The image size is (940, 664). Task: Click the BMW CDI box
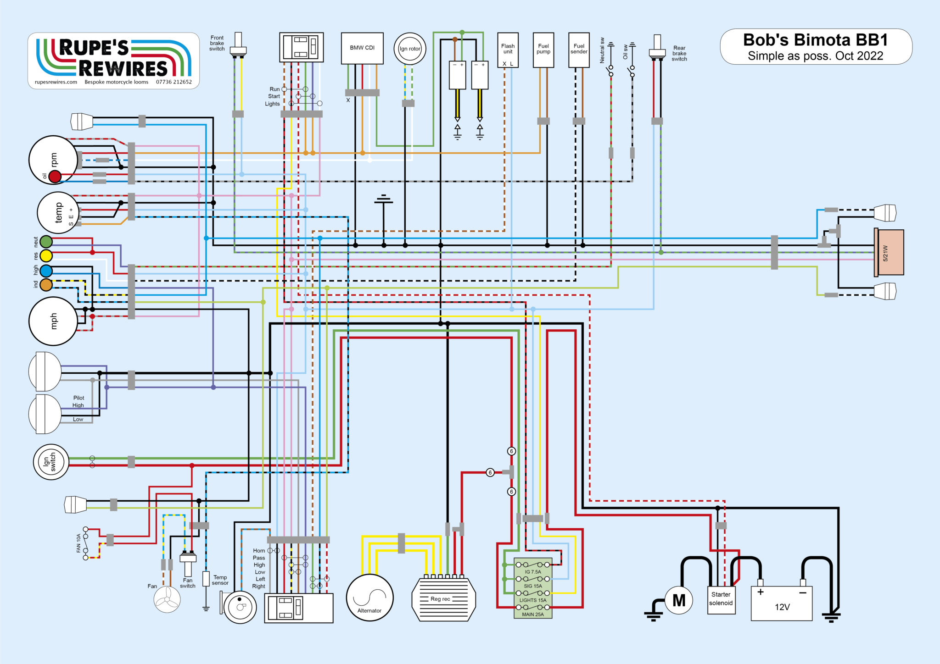tap(362, 48)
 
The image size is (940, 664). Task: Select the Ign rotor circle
tap(410, 49)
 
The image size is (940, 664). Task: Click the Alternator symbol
tap(369, 598)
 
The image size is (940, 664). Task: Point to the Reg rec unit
tap(443, 599)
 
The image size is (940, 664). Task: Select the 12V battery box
tap(782, 603)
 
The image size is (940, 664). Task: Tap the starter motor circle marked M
tap(678, 600)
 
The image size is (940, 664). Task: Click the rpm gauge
tap(53, 160)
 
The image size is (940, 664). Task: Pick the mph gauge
tap(53, 321)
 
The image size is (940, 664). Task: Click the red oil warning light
tap(55, 176)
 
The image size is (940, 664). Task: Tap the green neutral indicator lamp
tap(46, 241)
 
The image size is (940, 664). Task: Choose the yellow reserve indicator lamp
tap(46, 255)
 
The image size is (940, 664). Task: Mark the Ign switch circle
tap(51, 462)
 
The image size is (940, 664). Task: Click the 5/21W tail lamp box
tap(889, 253)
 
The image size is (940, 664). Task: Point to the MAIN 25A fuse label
tap(533, 614)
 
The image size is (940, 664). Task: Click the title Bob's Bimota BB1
tap(815, 40)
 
